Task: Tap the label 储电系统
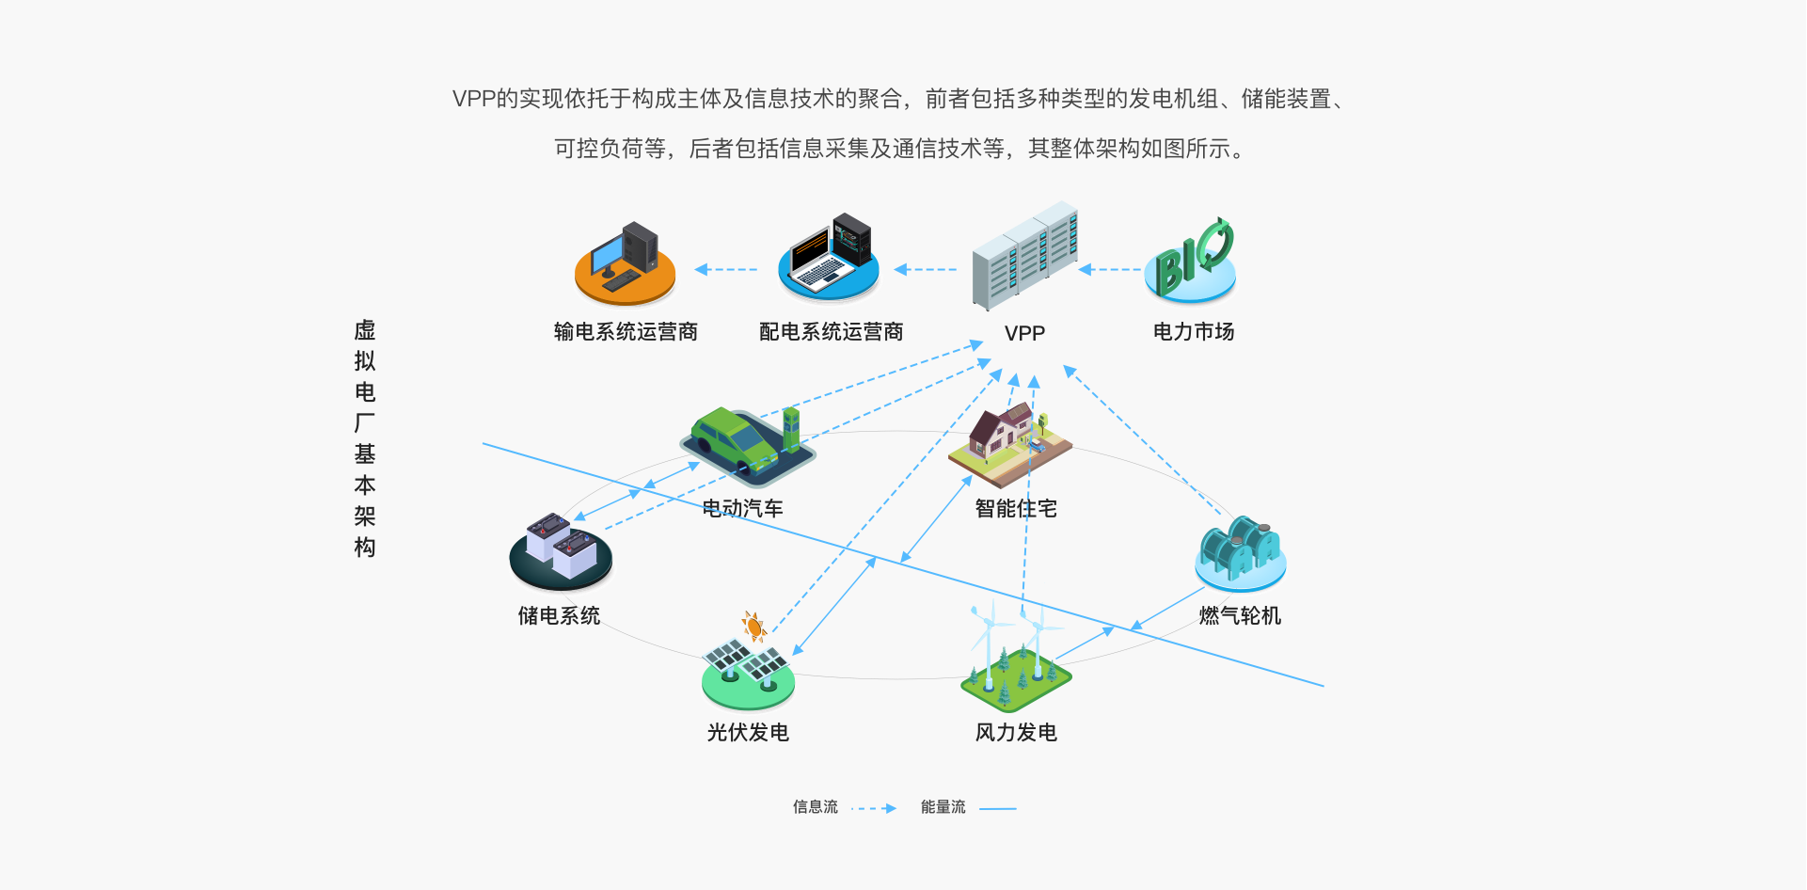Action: pos(559,615)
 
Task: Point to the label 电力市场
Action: pos(1193,331)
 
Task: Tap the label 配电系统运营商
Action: pos(831,331)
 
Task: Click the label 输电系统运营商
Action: pos(626,331)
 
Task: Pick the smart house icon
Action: pos(1008,438)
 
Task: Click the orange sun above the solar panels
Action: pos(753,626)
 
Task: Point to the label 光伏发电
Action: pos(748,732)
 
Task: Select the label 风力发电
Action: pos(1016,732)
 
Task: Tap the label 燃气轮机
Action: pos(1240,615)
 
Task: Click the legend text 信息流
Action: pos(815,807)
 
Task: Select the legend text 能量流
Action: pos(943,807)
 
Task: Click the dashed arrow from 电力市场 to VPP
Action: pos(1110,270)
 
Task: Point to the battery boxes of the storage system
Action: pos(562,547)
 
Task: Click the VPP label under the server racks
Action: pos(1024,333)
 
